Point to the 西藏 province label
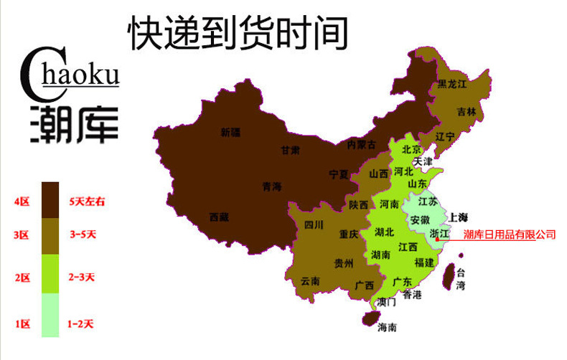(x=219, y=216)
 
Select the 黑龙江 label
(x=452, y=84)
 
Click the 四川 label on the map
(x=314, y=226)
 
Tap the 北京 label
(x=411, y=151)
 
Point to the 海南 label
(x=387, y=327)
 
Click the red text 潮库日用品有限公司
(x=510, y=235)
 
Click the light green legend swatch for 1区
(x=50, y=315)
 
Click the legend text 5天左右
(x=87, y=202)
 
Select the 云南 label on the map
(x=310, y=280)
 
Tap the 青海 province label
(x=272, y=186)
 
